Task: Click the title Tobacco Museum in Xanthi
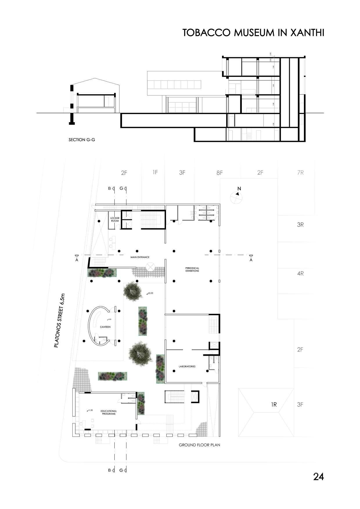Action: pos(253,33)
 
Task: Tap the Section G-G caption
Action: pos(82,140)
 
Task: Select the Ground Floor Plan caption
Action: pos(199,445)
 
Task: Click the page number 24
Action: pos(318,476)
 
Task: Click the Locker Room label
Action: pos(115,219)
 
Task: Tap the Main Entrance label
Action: pos(140,257)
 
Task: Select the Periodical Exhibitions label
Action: pos(192,269)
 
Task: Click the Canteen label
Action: pos(105,327)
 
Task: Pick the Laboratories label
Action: pos(187,367)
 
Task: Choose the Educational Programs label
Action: pos(109,412)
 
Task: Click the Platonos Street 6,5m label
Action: pos(60,320)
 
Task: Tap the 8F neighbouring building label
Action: pos(219,173)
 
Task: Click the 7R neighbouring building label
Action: pos(300,173)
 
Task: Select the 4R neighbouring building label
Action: pos(300,273)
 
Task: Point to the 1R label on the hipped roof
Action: pos(273,404)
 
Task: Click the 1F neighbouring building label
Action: pos(155,172)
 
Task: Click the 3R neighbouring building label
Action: pos(300,225)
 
